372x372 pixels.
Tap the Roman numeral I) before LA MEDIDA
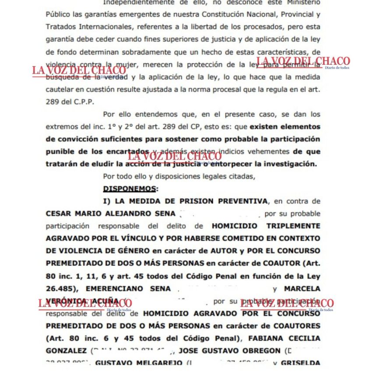[x=108, y=201]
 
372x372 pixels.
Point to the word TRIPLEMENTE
[x=294, y=226]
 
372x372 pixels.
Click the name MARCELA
[x=302, y=289]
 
